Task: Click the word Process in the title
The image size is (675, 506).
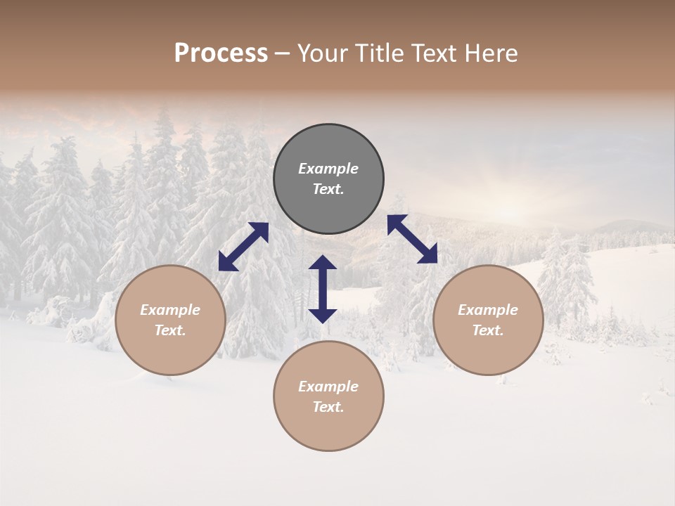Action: click(x=221, y=53)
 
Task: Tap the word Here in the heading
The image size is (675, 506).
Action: click(x=491, y=53)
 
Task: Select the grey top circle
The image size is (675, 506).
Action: click(x=328, y=179)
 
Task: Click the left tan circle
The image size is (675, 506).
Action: click(x=170, y=320)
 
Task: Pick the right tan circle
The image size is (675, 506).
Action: click(x=488, y=320)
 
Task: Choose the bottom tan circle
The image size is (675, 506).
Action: click(x=328, y=396)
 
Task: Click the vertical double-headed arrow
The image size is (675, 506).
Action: click(x=323, y=289)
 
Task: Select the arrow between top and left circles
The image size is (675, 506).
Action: click(x=243, y=247)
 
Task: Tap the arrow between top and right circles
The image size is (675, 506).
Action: click(x=412, y=239)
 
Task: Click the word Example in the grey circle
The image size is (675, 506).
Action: click(x=328, y=169)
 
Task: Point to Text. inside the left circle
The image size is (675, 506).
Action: click(x=170, y=330)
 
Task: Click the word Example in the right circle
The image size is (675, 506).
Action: click(x=488, y=310)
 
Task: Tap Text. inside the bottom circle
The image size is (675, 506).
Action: click(x=328, y=407)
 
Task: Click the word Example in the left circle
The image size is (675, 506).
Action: click(x=170, y=310)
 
